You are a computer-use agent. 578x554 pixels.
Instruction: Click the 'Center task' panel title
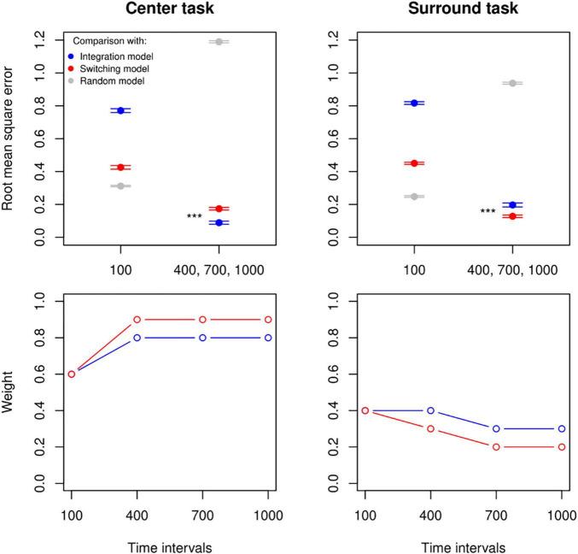pos(169,10)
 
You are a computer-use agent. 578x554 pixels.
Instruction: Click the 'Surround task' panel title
pos(463,10)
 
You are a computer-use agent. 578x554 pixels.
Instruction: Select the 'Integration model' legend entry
pos(120,56)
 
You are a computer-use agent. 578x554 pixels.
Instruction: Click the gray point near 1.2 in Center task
pos(219,41)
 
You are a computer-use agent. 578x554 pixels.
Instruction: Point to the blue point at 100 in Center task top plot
pos(120,110)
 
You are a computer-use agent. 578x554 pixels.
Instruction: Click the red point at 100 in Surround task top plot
pos(414,162)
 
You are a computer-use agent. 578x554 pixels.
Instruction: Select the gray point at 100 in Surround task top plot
pos(414,197)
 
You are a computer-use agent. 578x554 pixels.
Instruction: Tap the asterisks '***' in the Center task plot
pos(194,217)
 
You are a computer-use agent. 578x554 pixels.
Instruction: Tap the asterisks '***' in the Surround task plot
pos(488,212)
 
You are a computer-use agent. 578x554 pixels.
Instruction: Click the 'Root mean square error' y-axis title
pos(12,140)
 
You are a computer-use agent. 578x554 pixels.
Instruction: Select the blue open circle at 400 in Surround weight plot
pos(430,410)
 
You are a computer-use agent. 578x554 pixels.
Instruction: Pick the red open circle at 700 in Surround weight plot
pos(496,446)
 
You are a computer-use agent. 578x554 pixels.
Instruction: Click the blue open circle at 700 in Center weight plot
pos(202,338)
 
